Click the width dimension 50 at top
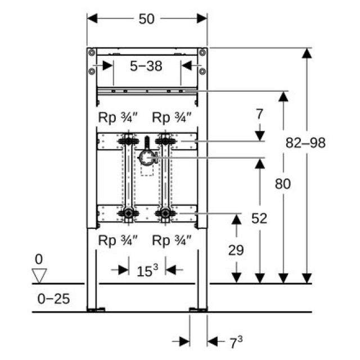click(x=147, y=19)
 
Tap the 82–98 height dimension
click(x=306, y=143)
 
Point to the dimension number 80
click(x=283, y=184)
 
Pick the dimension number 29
click(x=236, y=250)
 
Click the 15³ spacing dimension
click(x=147, y=271)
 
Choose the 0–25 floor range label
click(x=53, y=299)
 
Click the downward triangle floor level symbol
click(x=39, y=276)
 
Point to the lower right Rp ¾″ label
click(x=172, y=240)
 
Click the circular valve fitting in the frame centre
click(x=147, y=159)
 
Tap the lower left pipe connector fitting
click(x=129, y=214)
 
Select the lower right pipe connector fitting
click(x=165, y=214)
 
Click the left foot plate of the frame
click(x=96, y=309)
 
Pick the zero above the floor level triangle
click(x=38, y=260)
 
